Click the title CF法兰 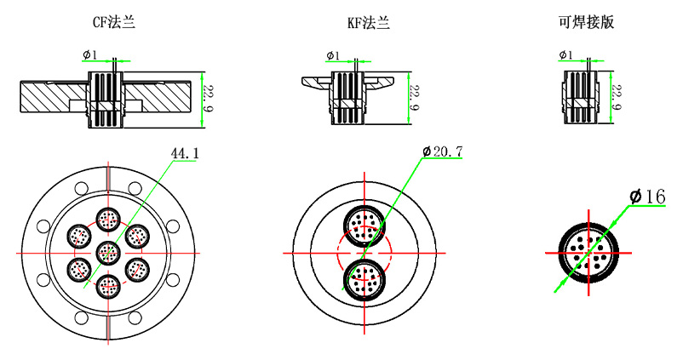107,23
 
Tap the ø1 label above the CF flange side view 90,55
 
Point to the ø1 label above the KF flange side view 332,56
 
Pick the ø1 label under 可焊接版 565,55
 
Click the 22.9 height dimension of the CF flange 209,99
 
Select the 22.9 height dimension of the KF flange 414,99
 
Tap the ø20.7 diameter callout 443,152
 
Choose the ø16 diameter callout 647,197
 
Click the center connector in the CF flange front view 107,252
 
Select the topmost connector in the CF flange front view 107,220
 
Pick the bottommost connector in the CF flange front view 107,285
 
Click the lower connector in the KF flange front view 364,277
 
